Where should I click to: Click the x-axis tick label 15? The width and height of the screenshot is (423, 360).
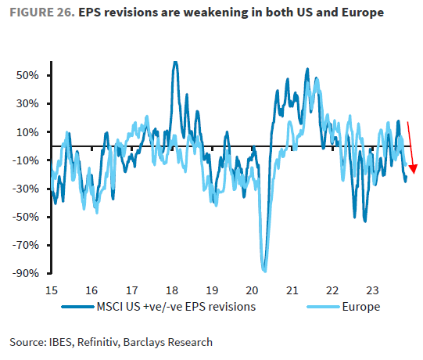[52, 288]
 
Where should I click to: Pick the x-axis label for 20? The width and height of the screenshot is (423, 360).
[251, 288]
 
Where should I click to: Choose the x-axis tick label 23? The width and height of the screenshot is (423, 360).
[371, 288]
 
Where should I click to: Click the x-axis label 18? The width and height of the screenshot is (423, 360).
[171, 288]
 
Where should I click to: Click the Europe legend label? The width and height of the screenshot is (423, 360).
[360, 307]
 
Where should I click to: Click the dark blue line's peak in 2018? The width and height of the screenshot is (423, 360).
[174, 62]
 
